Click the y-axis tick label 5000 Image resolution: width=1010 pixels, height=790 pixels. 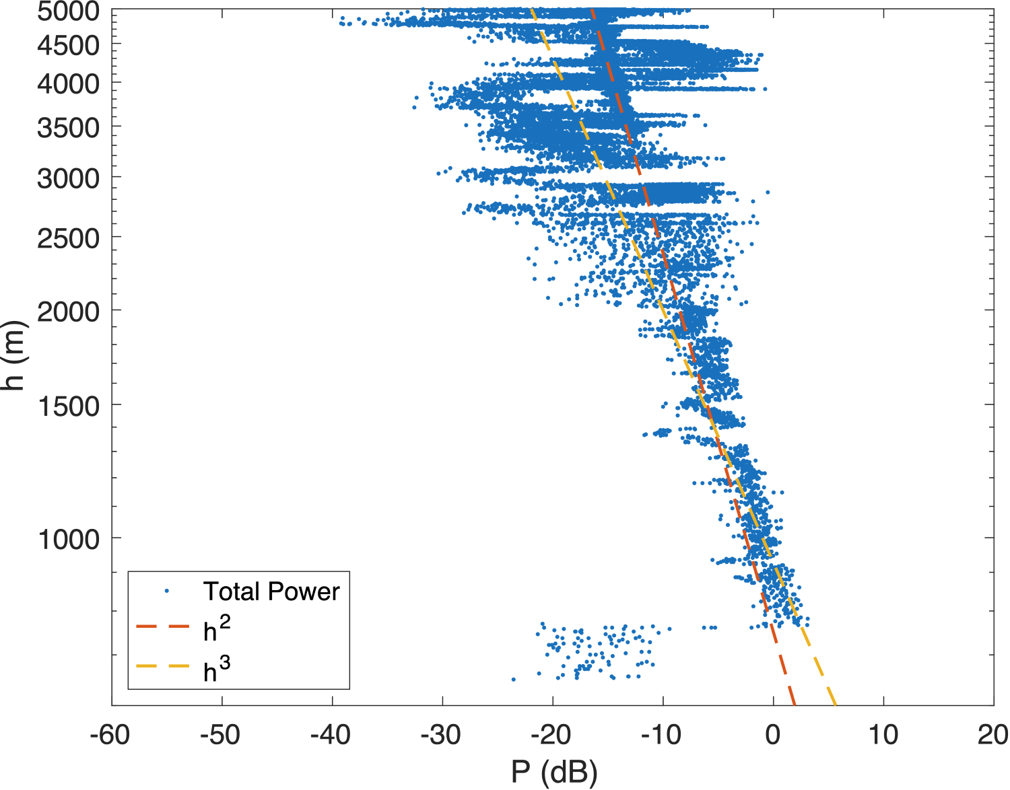pyautogui.click(x=68, y=11)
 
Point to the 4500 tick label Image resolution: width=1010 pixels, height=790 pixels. pyautogui.click(x=68, y=46)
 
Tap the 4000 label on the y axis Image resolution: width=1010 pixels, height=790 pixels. pyautogui.click(x=68, y=85)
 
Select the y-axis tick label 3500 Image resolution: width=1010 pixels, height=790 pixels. pyautogui.click(x=68, y=127)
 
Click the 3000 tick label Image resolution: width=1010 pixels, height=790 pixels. pyautogui.click(x=68, y=178)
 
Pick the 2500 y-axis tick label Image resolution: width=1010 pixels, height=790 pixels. pyautogui.click(x=68, y=238)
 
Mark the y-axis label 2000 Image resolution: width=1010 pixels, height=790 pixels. pyautogui.click(x=68, y=312)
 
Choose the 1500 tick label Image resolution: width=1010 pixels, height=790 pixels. pyautogui.click(x=68, y=406)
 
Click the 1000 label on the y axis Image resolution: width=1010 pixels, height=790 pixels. pyautogui.click(x=68, y=539)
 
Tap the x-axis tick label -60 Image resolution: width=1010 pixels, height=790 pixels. pyautogui.click(x=110, y=735)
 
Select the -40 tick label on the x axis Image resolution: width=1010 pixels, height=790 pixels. pyautogui.click(x=331, y=735)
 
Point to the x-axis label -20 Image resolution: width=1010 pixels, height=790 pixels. pyautogui.click(x=551, y=735)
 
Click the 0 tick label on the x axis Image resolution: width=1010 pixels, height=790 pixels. pyautogui.click(x=773, y=735)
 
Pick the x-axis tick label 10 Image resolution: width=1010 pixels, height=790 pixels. pyautogui.click(x=883, y=735)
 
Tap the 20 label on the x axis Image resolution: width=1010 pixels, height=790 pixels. pyautogui.click(x=993, y=735)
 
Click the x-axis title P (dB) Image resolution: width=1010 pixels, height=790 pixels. pyautogui.click(x=553, y=773)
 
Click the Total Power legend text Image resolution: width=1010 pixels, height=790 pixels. pyautogui.click(x=271, y=591)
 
